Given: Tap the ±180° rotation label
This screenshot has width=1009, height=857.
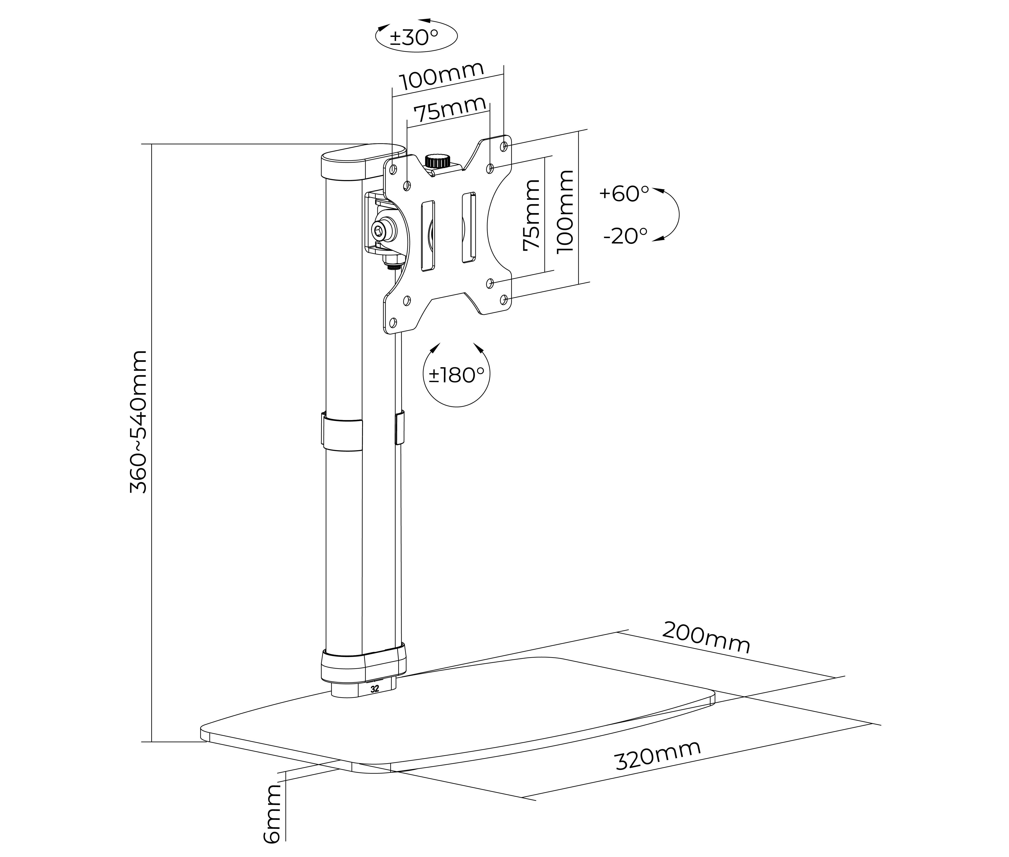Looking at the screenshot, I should click(x=456, y=375).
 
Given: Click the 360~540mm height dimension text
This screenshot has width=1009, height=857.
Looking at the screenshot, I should click(x=138, y=422).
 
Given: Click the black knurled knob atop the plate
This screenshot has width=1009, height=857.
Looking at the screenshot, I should click(x=438, y=161).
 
